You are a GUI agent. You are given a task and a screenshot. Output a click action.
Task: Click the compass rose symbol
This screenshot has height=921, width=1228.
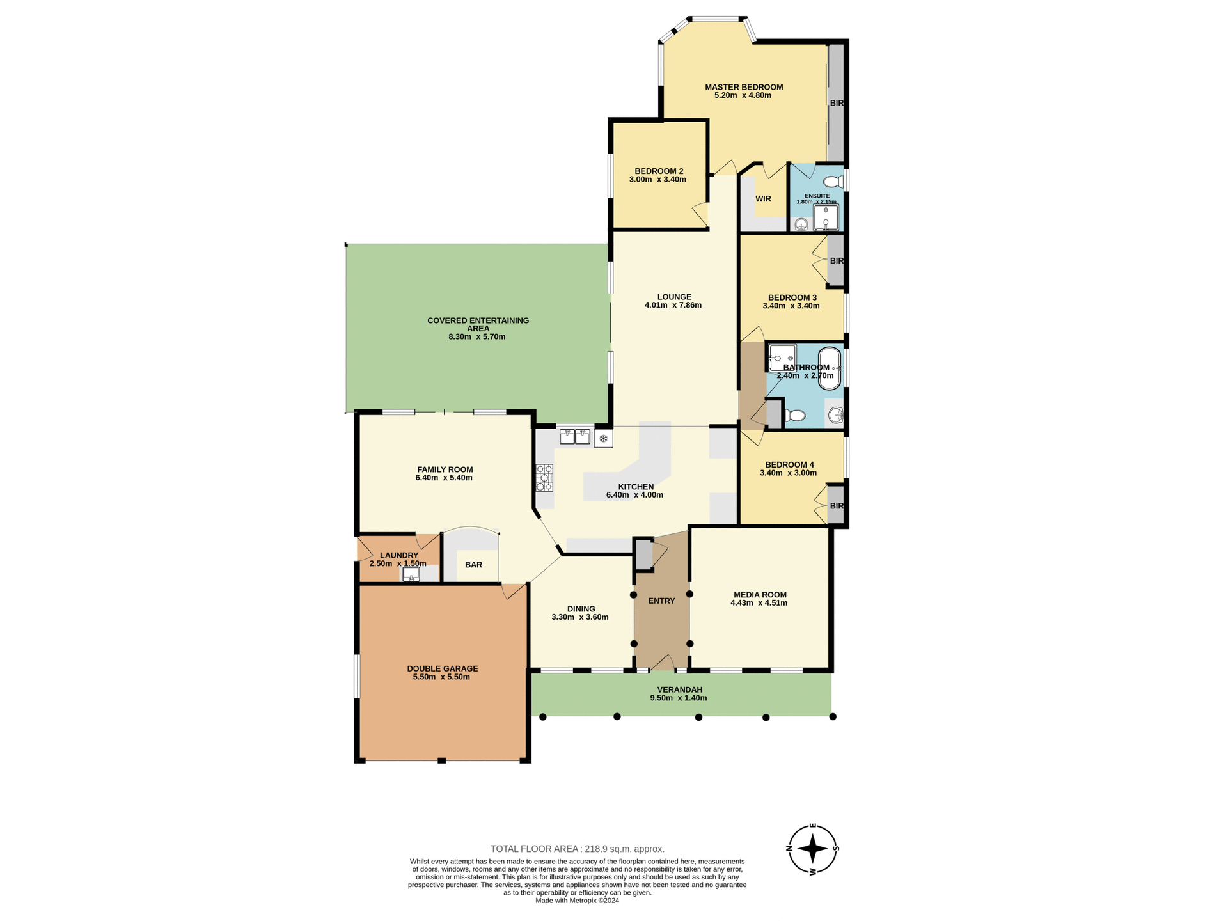pyautogui.click(x=812, y=849)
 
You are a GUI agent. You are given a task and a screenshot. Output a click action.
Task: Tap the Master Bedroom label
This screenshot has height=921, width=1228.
pyautogui.click(x=744, y=87)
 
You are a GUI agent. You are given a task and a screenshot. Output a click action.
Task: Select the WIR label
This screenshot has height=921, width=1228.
pyautogui.click(x=763, y=199)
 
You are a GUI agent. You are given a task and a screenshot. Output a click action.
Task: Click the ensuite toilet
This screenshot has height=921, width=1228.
pyautogui.click(x=833, y=182)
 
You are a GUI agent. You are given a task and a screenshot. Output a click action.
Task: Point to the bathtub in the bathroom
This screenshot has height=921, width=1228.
pyautogui.click(x=830, y=368)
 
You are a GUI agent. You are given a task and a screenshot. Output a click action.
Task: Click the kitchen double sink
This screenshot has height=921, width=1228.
pyautogui.click(x=574, y=437)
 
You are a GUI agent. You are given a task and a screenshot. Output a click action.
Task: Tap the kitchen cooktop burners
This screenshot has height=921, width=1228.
pyautogui.click(x=544, y=478)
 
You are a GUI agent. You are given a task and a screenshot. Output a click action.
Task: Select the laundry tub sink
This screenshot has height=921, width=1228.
pyautogui.click(x=411, y=574)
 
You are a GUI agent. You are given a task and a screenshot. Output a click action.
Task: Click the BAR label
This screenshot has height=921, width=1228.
pyautogui.click(x=473, y=565)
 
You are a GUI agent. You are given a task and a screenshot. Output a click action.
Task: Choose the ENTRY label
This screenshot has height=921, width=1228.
pyautogui.click(x=661, y=601)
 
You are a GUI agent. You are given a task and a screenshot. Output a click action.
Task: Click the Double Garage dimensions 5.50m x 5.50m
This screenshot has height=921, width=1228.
pyautogui.click(x=441, y=677)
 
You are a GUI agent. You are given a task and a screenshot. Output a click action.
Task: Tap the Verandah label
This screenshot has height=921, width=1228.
pyautogui.click(x=679, y=689)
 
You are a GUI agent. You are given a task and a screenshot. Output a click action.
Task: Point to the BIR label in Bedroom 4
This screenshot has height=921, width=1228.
pyautogui.click(x=837, y=506)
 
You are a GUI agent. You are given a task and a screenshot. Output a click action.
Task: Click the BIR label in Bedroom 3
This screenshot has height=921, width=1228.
pyautogui.click(x=837, y=261)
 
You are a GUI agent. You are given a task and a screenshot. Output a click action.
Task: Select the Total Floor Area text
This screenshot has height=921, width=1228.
pyautogui.click(x=577, y=849)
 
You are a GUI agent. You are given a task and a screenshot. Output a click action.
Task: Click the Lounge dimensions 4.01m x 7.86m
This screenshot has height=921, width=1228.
pyautogui.click(x=673, y=305)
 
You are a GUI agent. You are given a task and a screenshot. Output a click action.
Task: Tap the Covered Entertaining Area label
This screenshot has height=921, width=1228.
pyautogui.click(x=478, y=324)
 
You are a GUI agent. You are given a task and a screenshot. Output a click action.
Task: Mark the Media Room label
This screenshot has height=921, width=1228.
pyautogui.click(x=760, y=595)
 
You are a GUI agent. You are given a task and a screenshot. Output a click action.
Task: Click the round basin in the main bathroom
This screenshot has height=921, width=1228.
pyautogui.click(x=835, y=416)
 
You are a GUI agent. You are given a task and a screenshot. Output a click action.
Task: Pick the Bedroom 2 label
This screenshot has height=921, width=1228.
pyautogui.click(x=659, y=171)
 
